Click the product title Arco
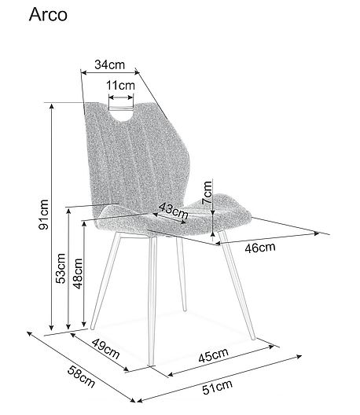click(x=48, y=15)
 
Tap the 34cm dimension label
click(x=109, y=64)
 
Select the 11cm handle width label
click(x=120, y=85)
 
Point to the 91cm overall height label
click(x=44, y=215)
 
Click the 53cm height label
click(x=61, y=268)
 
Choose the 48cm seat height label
click(x=78, y=274)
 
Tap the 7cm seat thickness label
click(x=207, y=193)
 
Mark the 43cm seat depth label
click(x=174, y=211)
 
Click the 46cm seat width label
click(x=260, y=248)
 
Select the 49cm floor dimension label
click(x=106, y=348)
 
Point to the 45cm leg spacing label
click(x=213, y=355)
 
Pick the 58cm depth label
click(x=81, y=376)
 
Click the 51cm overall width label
click(x=217, y=387)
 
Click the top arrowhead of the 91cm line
click(x=52, y=105)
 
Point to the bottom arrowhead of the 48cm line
click(x=84, y=324)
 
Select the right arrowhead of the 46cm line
click(x=317, y=233)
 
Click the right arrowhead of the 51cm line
click(x=299, y=357)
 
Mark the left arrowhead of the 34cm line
click(x=83, y=72)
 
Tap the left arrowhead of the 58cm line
click(x=29, y=333)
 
